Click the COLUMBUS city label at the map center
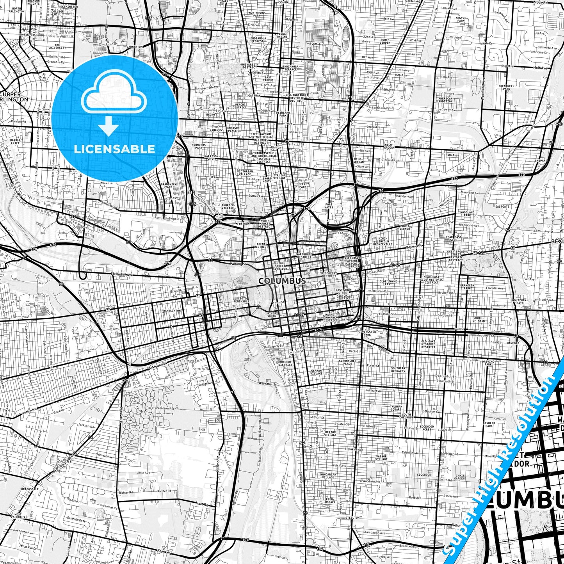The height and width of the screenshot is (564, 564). point(282,281)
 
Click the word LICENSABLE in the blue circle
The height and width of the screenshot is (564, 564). point(114,149)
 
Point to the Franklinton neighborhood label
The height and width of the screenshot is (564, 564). point(171,311)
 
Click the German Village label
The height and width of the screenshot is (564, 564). point(317,372)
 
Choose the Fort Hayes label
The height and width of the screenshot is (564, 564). point(329,206)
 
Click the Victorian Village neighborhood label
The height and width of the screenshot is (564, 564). point(245,173)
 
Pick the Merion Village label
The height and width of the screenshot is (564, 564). point(330,434)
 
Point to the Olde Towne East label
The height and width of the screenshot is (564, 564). point(388,283)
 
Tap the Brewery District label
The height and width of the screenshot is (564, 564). point(285,363)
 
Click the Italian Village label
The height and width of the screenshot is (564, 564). point(279,177)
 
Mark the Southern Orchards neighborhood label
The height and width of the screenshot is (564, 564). point(398,370)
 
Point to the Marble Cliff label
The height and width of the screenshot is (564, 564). point(15,141)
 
